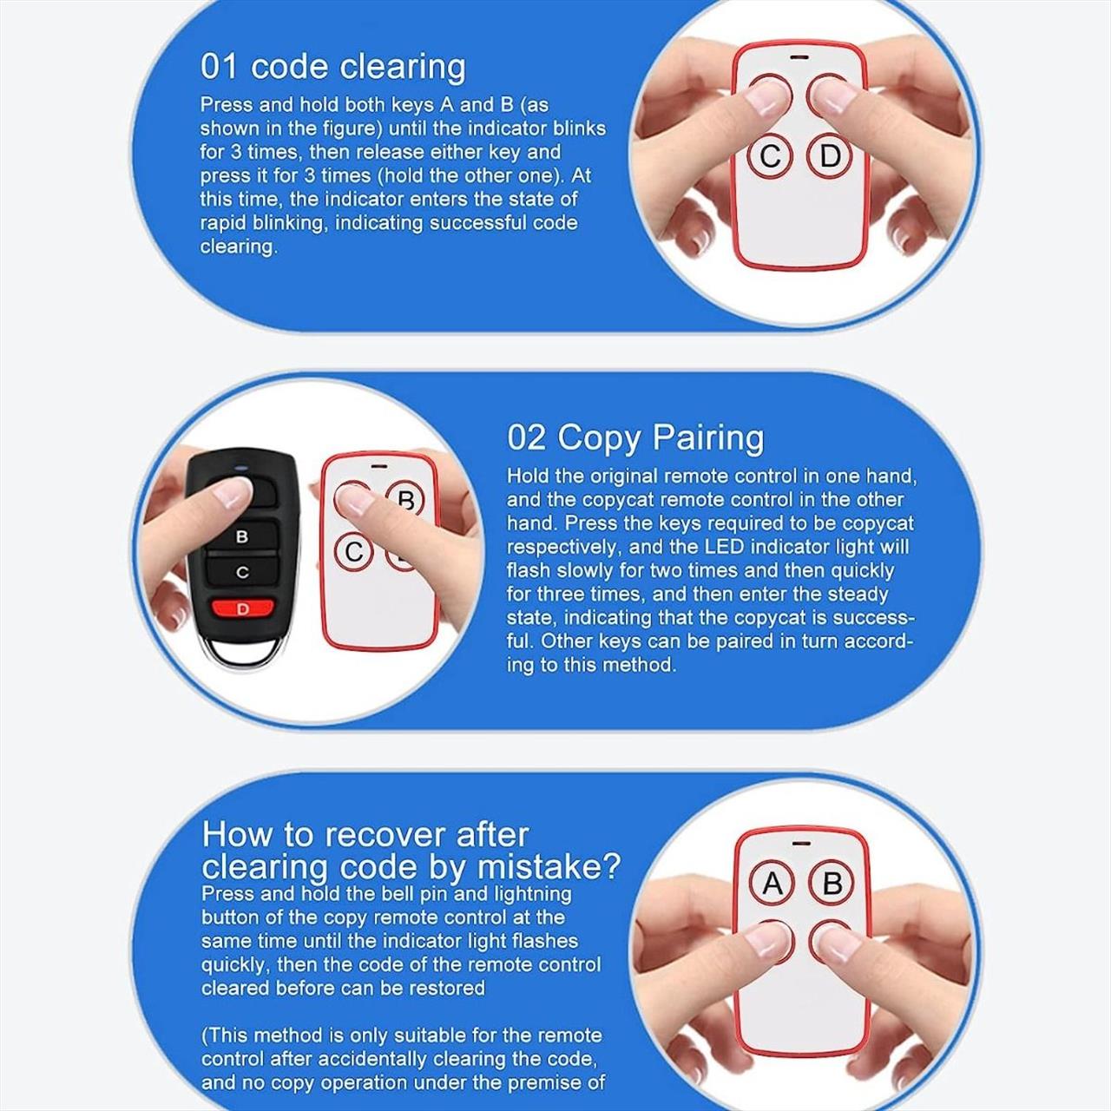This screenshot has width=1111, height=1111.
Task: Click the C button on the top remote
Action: click(x=771, y=155)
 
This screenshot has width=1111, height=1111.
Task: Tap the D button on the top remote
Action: click(x=830, y=155)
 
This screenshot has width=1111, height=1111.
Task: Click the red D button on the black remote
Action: click(x=242, y=608)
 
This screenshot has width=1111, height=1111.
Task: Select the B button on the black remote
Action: click(x=242, y=536)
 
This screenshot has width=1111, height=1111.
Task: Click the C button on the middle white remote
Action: click(x=355, y=552)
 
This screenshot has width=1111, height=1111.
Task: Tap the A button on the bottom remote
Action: click(x=772, y=884)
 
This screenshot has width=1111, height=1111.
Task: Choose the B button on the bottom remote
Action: click(x=832, y=884)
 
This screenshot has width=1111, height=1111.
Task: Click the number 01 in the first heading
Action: click(x=219, y=66)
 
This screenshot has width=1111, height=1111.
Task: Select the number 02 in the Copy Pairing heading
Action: click(x=526, y=437)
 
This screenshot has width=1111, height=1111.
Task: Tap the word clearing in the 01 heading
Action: click(x=402, y=68)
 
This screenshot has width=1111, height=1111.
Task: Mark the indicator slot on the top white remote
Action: click(x=799, y=58)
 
